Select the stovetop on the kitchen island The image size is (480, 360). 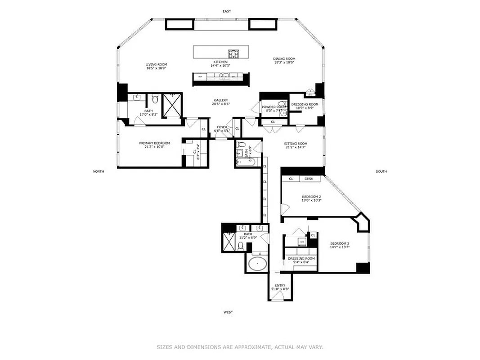233,54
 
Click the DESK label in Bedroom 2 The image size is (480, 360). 309,179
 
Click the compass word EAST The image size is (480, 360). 227,11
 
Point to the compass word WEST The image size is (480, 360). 228,312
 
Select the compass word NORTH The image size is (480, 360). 99,171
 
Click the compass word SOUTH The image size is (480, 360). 381,171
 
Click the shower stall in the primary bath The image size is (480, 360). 172,104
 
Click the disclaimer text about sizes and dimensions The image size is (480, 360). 240,347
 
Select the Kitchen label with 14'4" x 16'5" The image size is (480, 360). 220,63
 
